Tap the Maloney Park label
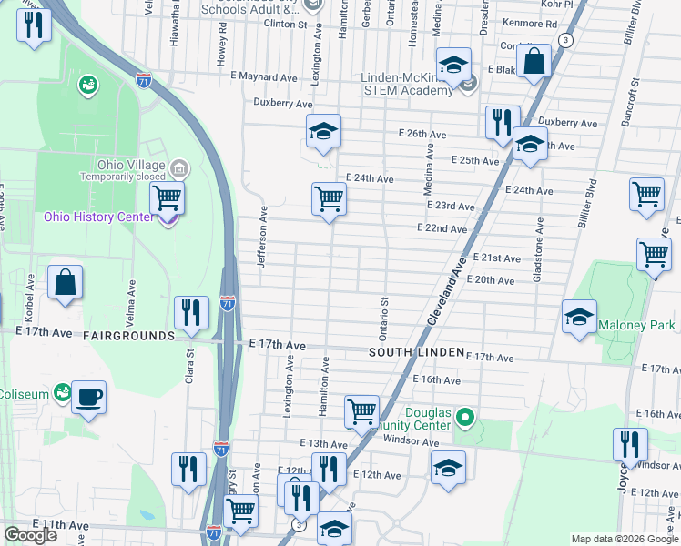(636, 325)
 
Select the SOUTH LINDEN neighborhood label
(415, 352)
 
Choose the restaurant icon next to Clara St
(191, 314)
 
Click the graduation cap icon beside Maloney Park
(579, 317)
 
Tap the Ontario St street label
(384, 313)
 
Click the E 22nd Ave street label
(442, 228)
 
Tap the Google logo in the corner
(30, 535)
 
